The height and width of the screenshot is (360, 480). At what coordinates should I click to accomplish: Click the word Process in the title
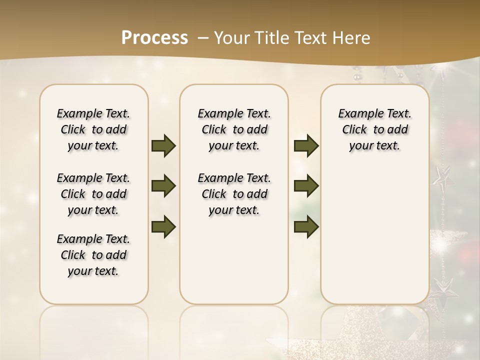point(154,38)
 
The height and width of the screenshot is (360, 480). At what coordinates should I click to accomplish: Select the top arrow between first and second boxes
point(163,145)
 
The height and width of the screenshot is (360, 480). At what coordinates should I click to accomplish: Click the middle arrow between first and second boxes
point(163,186)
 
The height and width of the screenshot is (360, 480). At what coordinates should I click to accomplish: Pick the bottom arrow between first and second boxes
point(163,226)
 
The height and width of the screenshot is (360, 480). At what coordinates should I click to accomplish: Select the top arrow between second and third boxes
point(306,145)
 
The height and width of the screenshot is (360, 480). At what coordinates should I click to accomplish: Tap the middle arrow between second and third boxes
point(306,186)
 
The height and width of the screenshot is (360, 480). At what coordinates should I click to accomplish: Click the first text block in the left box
point(93,129)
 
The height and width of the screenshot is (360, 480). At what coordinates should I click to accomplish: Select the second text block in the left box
point(93,194)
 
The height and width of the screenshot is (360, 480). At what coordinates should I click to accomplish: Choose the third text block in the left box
point(93,255)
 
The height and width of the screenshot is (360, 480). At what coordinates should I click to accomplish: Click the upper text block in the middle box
point(234,129)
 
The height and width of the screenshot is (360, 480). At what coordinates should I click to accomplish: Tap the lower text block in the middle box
point(234,194)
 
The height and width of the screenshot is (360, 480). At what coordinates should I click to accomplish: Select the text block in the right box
point(374,129)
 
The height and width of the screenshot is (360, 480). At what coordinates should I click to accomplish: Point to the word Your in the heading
point(230,38)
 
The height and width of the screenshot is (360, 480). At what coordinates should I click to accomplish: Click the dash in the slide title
point(202,38)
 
